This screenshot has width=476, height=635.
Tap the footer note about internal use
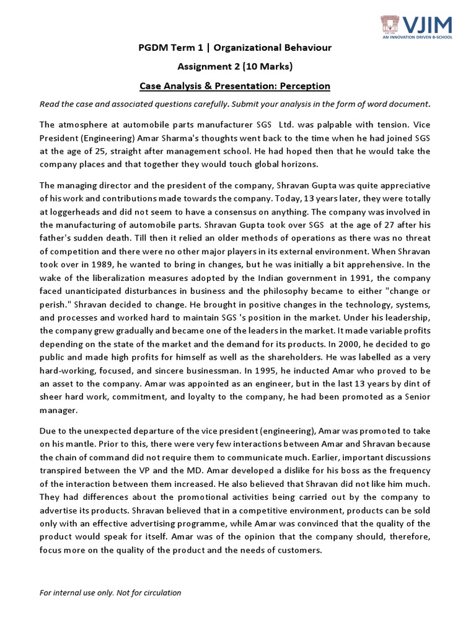[x=110, y=592]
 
